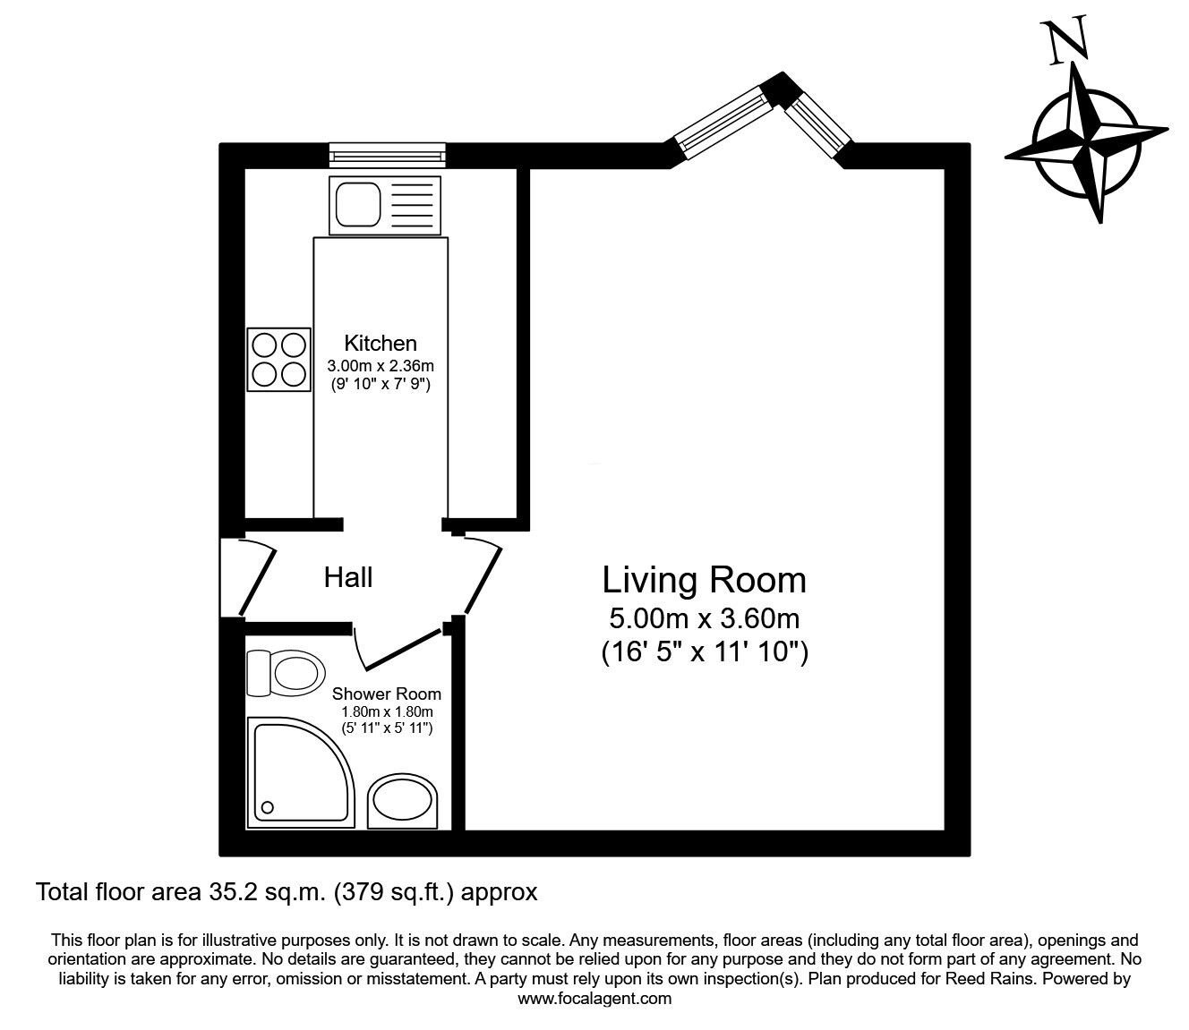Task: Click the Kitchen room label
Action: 381,343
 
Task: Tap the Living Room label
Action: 704,580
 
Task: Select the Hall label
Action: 348,577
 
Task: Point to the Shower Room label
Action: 386,694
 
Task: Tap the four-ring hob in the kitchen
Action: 278,360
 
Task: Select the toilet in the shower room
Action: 286,673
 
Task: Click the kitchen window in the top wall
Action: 387,155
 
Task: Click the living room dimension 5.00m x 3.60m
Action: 704,618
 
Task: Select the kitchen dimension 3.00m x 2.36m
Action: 381,366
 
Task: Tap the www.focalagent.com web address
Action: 594,999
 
